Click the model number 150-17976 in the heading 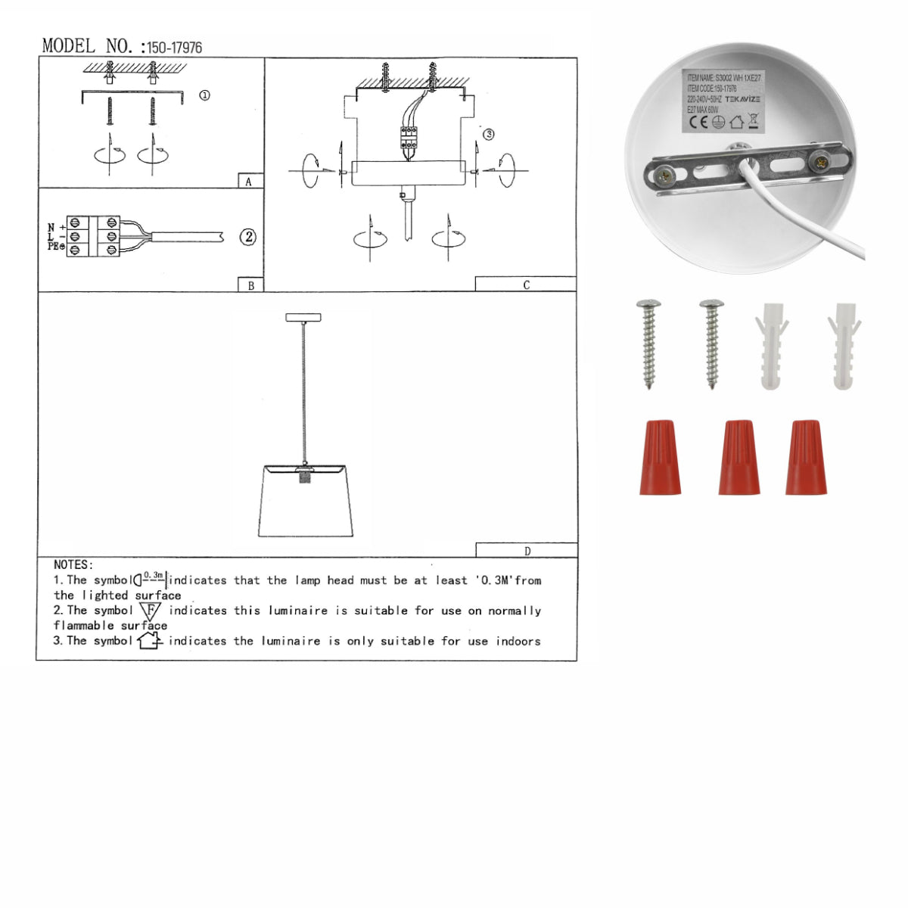(174, 48)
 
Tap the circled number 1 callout (204, 95)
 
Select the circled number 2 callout (247, 237)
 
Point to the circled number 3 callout (489, 134)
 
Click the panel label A (248, 182)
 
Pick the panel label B (250, 286)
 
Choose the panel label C (526, 285)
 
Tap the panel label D (527, 552)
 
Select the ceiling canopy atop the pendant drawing (303, 318)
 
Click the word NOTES (73, 564)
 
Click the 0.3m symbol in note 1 (151, 580)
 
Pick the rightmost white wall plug (844, 346)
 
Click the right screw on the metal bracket (819, 161)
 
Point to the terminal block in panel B (93, 236)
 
